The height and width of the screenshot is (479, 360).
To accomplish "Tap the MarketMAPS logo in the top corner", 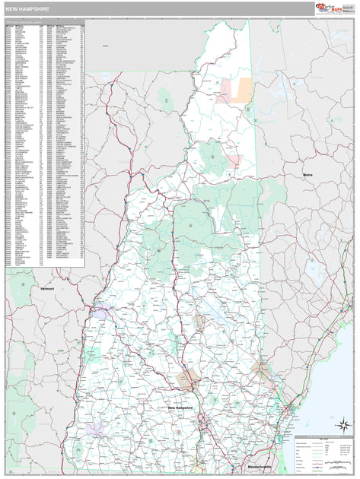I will click(x=335, y=8).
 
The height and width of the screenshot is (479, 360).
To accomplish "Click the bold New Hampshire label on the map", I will click(x=180, y=408).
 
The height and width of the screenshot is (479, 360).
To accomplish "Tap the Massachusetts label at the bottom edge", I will click(x=260, y=465).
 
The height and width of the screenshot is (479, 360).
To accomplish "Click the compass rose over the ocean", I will click(x=342, y=426).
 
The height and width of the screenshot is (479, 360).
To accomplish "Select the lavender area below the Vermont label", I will click(x=100, y=311).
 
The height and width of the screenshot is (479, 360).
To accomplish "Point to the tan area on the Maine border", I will click(x=263, y=373).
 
